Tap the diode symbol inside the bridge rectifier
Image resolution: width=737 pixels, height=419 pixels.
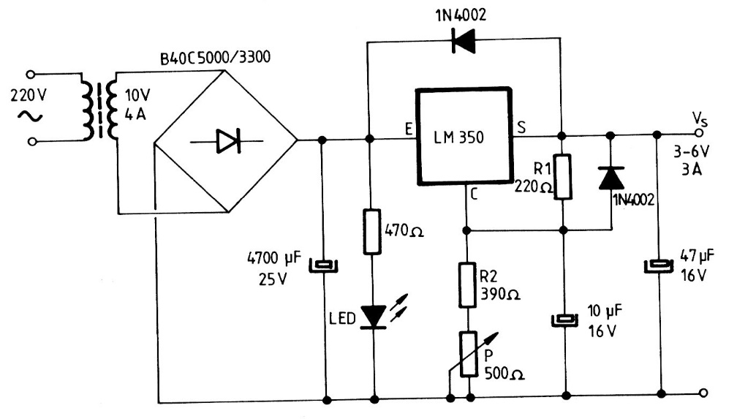tap(227, 140)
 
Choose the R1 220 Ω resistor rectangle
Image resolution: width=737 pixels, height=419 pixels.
tap(562, 176)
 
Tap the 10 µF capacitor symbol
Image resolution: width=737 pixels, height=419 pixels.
tap(563, 319)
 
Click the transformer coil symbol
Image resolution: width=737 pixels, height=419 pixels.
tap(101, 110)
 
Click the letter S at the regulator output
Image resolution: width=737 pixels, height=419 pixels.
tap(521, 127)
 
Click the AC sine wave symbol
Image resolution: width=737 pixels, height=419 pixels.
tap(33, 116)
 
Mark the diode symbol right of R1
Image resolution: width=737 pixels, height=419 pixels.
tap(611, 178)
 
